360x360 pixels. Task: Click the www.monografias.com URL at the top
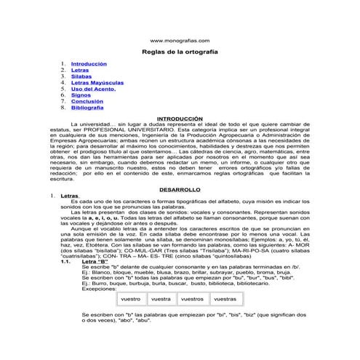[x=179, y=41]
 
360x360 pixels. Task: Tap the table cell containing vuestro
[x=131, y=298]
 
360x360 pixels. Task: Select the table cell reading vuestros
[x=192, y=298]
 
